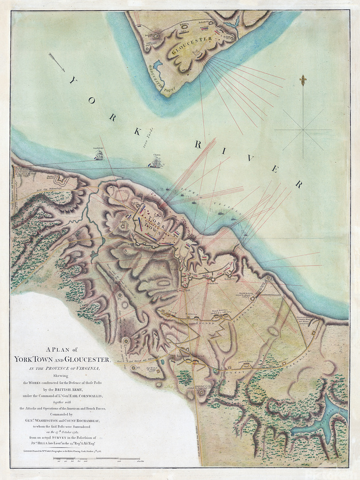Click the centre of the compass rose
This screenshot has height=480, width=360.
point(303,129)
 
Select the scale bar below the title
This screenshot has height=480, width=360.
point(107,459)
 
